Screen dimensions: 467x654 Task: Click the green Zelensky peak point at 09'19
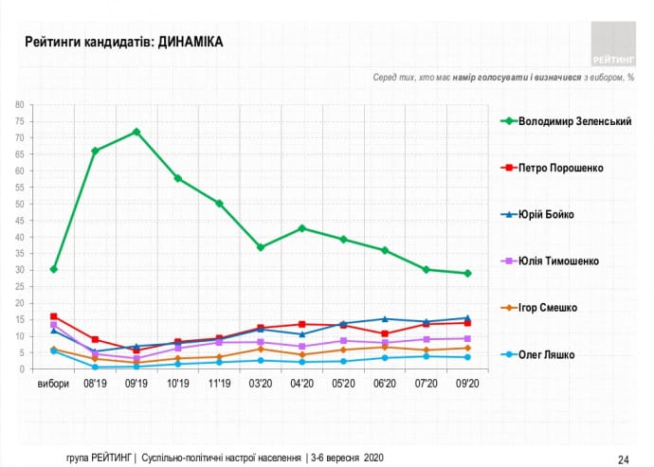point(136,132)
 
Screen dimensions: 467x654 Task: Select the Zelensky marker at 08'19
point(95,151)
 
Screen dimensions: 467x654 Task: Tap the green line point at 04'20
point(301,228)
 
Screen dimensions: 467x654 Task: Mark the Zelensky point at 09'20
point(466,274)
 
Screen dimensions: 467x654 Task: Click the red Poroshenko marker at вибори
point(54,316)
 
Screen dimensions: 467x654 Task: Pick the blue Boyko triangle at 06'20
point(384,319)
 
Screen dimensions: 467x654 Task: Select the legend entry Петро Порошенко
point(561,168)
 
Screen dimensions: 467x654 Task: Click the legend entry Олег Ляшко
point(553,354)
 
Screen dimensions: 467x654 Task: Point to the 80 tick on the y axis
point(19,104)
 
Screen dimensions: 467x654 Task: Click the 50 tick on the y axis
point(19,204)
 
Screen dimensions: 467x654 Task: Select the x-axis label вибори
point(53,385)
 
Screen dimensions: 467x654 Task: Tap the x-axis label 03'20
point(260,385)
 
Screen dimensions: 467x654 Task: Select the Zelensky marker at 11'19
point(219,204)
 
